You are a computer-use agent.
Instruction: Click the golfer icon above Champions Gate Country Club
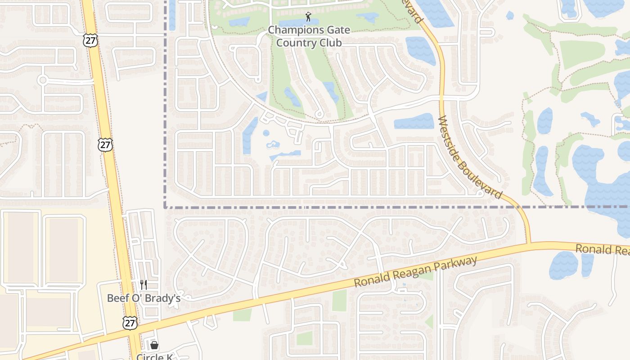(308, 17)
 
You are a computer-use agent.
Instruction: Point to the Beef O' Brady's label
(144, 298)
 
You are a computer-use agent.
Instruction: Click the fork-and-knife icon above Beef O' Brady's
(144, 284)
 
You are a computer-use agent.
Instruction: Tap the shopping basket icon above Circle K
(154, 345)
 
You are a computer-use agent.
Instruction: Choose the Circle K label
(154, 357)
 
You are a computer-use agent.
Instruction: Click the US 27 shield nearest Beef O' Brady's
(130, 323)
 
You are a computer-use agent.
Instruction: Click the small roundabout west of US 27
(43, 80)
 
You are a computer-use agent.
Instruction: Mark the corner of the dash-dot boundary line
(166, 207)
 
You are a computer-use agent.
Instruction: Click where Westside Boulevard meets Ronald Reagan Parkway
(529, 244)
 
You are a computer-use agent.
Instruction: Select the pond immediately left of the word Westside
(414, 121)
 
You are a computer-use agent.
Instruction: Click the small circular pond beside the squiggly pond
(266, 133)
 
